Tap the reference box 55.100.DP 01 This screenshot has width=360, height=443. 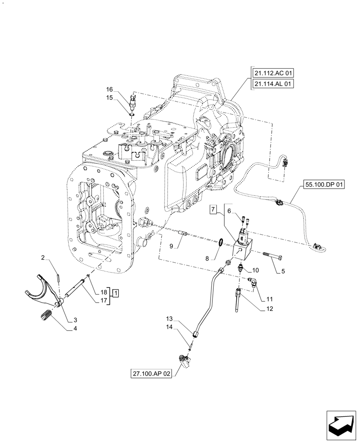click(x=324, y=184)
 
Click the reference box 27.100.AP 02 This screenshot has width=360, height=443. click(x=152, y=373)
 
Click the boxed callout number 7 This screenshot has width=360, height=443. click(x=214, y=209)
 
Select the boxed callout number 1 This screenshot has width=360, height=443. click(x=115, y=292)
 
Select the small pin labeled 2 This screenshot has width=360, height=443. click(x=59, y=279)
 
